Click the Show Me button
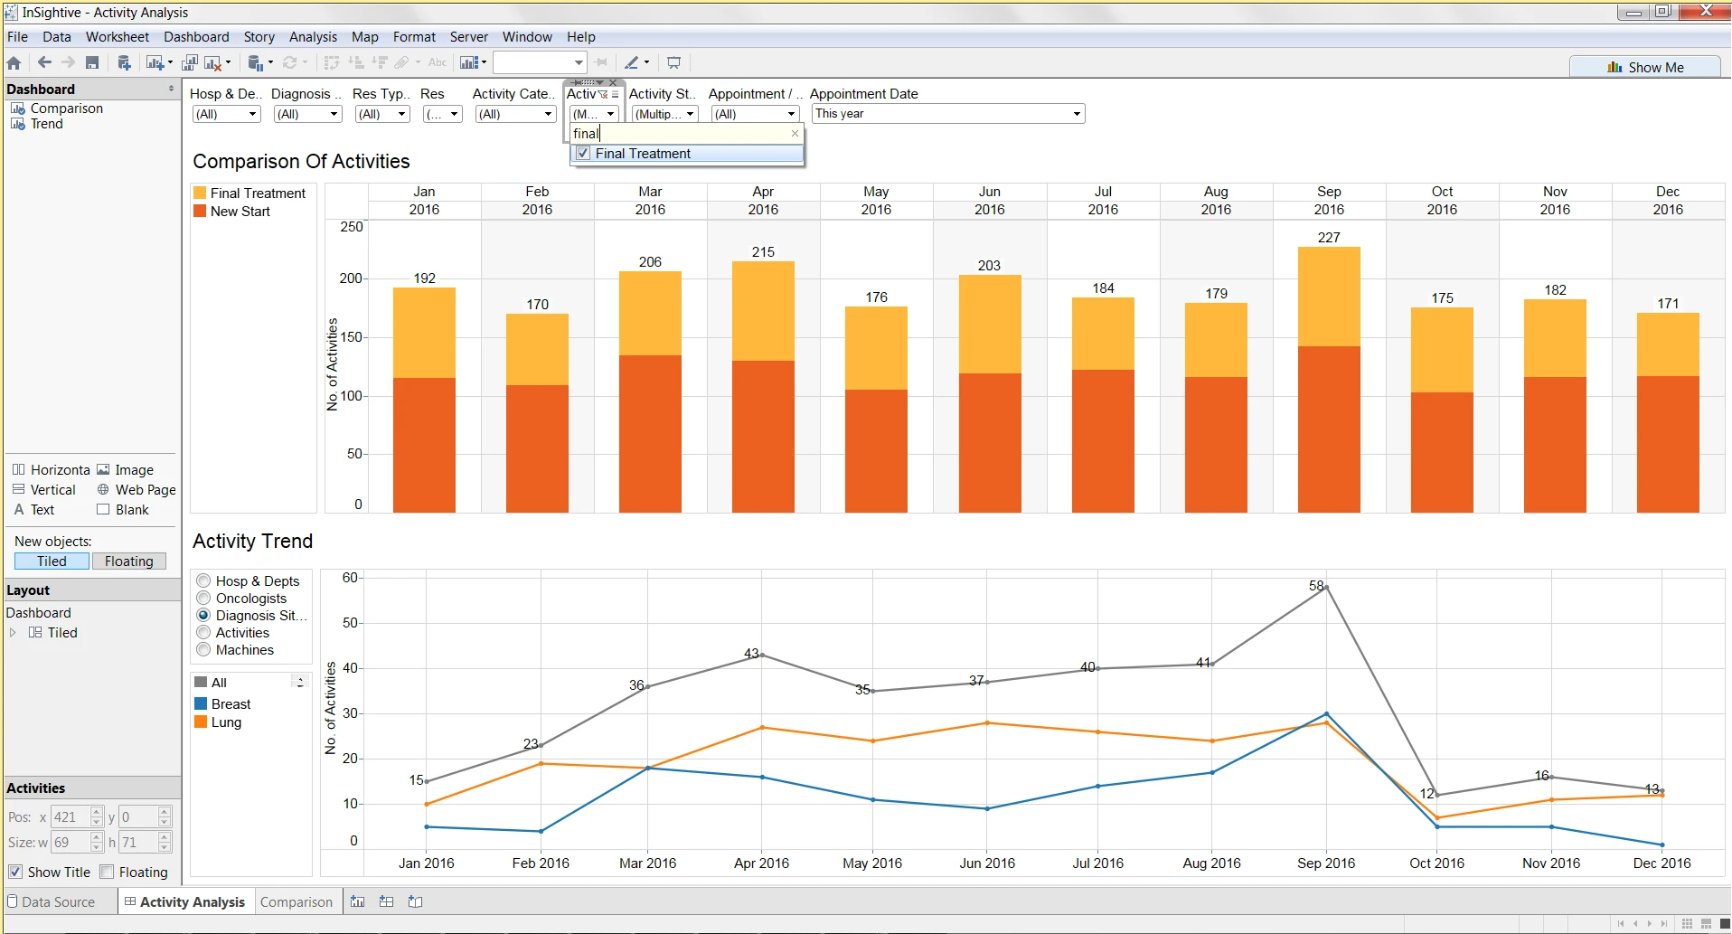pyautogui.click(x=1645, y=67)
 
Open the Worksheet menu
pyautogui.click(x=117, y=37)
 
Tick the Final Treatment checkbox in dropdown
pyautogui.click(x=584, y=154)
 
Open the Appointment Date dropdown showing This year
pyautogui.click(x=1076, y=114)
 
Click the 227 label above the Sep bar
pyautogui.click(x=1328, y=237)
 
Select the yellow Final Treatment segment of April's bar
pyautogui.click(x=763, y=311)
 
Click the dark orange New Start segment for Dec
pyautogui.click(x=1668, y=443)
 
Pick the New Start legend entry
pyautogui.click(x=240, y=212)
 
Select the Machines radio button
pyautogui.click(x=204, y=650)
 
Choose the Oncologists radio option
pyautogui.click(x=204, y=599)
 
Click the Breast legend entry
pyautogui.click(x=231, y=704)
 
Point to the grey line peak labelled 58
pyautogui.click(x=1326, y=588)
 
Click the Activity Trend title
pyautogui.click(x=252, y=541)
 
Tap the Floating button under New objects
pyautogui.click(x=128, y=561)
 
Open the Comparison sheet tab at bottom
pyautogui.click(x=296, y=902)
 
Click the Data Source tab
pyautogui.click(x=58, y=902)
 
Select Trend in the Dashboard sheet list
pyautogui.click(x=46, y=124)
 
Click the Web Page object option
pyautogui.click(x=145, y=490)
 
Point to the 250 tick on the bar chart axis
pyautogui.click(x=352, y=227)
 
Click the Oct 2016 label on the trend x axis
pyautogui.click(x=1436, y=863)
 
